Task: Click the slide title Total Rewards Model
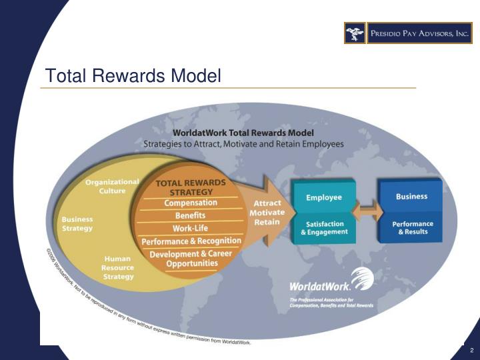point(132,76)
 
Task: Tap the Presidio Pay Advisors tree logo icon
point(354,33)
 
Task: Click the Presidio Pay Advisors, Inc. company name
point(419,33)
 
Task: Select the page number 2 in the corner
point(471,351)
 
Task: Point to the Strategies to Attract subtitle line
point(244,143)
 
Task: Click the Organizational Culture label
point(111,185)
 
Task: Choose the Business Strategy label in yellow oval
point(77,223)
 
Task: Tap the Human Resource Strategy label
point(118,267)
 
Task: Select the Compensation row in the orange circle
point(191,203)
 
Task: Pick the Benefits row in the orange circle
point(190,215)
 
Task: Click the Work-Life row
point(191,228)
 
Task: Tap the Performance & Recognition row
point(191,241)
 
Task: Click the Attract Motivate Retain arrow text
point(267,212)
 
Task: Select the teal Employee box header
point(324,197)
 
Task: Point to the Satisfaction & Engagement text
point(324,228)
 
